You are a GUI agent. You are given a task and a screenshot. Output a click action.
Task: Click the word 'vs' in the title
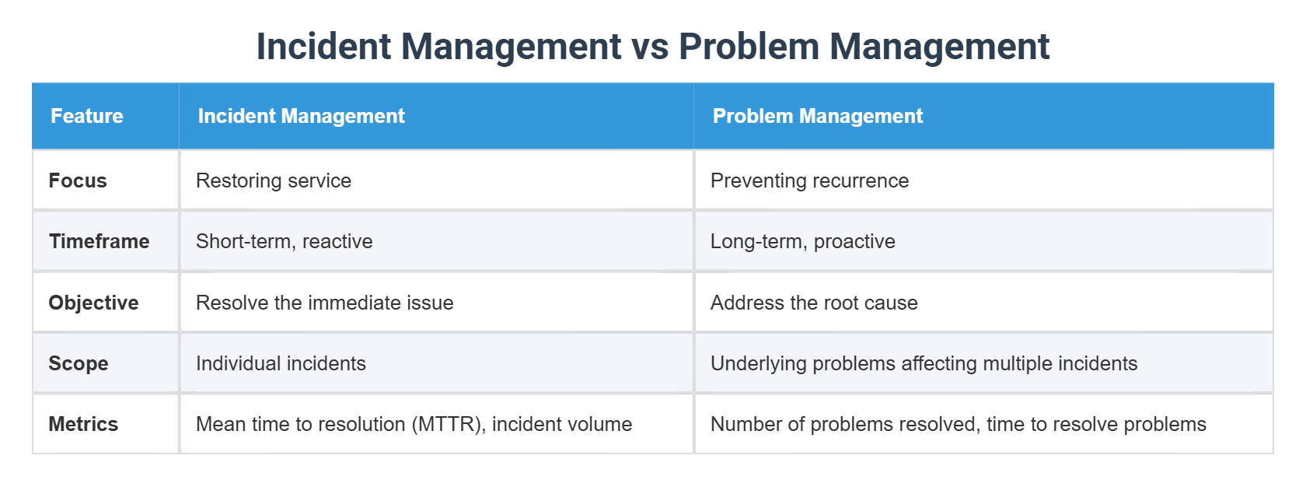tap(649, 47)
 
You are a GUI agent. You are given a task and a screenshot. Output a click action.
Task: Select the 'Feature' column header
tap(87, 116)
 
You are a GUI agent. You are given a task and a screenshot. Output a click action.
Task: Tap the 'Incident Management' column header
tap(301, 116)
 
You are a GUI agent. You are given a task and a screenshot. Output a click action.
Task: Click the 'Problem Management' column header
tap(817, 116)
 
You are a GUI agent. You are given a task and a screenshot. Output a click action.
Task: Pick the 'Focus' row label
tap(78, 180)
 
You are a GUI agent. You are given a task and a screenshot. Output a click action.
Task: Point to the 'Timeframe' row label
tap(99, 241)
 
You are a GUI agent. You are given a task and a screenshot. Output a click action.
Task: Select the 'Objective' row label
tap(93, 303)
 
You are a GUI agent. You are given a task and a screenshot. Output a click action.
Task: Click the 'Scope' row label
tap(79, 363)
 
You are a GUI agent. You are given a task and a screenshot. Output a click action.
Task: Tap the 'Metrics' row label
tap(83, 424)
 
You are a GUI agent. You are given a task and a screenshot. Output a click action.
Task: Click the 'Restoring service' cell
tap(274, 180)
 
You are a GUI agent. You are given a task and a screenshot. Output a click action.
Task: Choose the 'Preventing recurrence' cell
tap(809, 180)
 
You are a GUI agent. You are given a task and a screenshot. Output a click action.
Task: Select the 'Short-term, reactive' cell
tap(284, 241)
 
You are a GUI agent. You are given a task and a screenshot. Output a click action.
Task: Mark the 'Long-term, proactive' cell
tap(802, 241)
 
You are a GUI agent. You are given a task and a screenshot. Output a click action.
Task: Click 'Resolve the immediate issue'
tap(324, 303)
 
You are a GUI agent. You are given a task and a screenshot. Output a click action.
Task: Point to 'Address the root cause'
tap(814, 303)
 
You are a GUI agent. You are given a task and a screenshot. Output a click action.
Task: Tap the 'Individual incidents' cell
tap(281, 363)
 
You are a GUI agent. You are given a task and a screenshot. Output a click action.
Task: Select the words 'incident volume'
tap(561, 424)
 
